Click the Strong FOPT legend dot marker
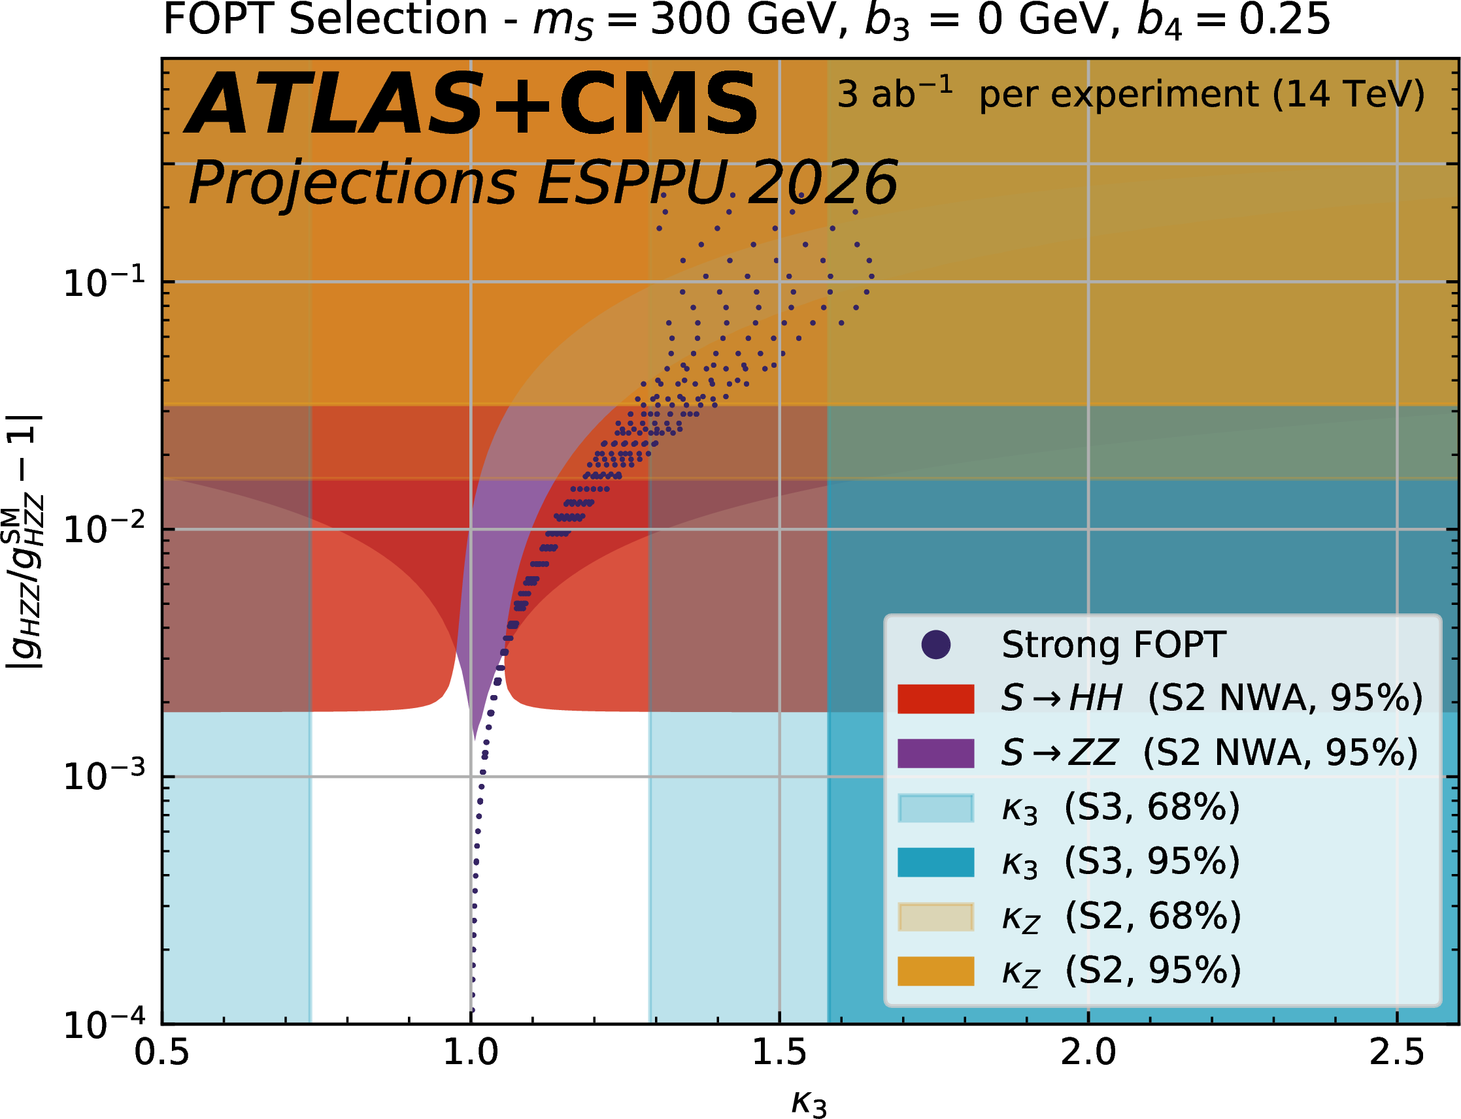(x=936, y=645)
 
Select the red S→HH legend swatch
(x=936, y=699)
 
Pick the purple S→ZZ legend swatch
(x=936, y=753)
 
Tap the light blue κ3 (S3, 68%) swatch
(x=936, y=808)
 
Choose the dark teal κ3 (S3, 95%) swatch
(x=936, y=862)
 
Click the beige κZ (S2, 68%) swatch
(x=936, y=916)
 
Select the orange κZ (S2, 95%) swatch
(x=936, y=971)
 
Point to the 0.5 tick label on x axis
(x=162, y=1053)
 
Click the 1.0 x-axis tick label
(x=471, y=1053)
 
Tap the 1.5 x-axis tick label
(x=779, y=1053)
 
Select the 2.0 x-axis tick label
(x=1088, y=1053)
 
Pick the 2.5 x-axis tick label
(x=1396, y=1053)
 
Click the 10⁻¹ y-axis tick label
(x=103, y=282)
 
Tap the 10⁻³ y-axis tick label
(x=103, y=777)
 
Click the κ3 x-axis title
(x=809, y=1103)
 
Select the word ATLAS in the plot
(x=333, y=105)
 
